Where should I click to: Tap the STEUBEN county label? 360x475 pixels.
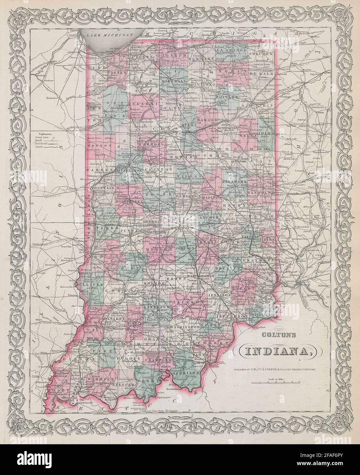coord(260,54)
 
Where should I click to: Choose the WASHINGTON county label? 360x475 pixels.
coord(184,327)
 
